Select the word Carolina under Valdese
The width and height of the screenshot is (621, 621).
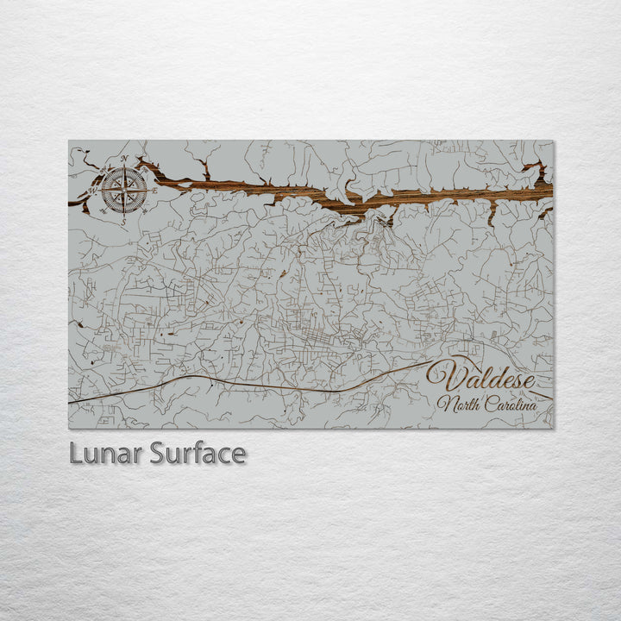pyautogui.click(x=509, y=404)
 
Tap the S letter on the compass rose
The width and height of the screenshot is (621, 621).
pyautogui.click(x=122, y=221)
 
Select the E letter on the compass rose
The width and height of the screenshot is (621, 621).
pyautogui.click(x=154, y=190)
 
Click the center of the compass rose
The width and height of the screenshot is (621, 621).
pyautogui.click(x=124, y=191)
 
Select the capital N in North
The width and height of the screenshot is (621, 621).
pyautogui.click(x=444, y=404)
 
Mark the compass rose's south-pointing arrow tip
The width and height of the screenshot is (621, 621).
pyautogui.click(x=123, y=214)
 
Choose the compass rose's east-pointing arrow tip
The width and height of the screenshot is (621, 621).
pyautogui.click(x=148, y=190)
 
